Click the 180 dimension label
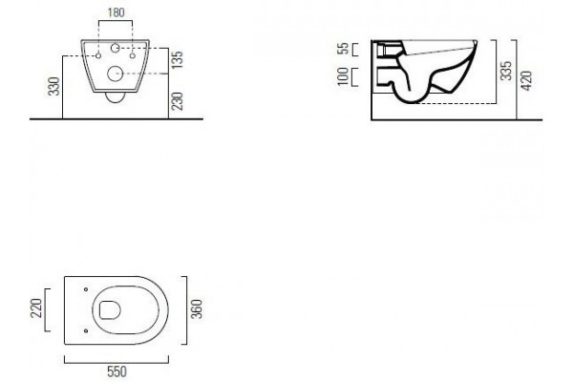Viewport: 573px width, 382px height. [117, 12]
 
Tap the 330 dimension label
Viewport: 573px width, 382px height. [54, 86]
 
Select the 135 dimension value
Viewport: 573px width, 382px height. [177, 60]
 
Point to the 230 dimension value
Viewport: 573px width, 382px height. [177, 101]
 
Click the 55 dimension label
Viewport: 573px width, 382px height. [344, 49]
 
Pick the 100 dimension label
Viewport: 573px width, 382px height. [343, 76]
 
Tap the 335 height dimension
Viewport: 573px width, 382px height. [506, 71]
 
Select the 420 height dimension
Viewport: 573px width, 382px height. [526, 81]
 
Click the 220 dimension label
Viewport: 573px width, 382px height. [36, 308]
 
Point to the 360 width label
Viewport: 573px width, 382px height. [196, 308]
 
